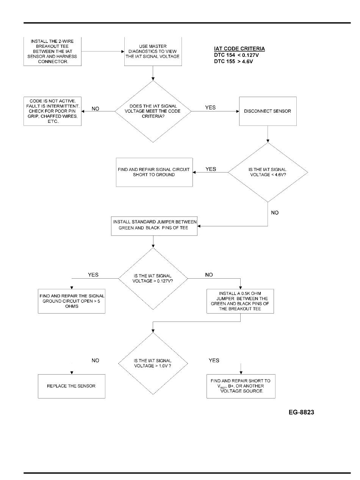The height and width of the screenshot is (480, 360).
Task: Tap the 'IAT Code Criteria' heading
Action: coord(239,49)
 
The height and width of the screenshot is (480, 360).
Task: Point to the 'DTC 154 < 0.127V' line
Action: coord(236,55)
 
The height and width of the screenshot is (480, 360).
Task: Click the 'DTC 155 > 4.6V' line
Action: coord(233,61)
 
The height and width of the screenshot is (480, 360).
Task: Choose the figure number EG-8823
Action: coord(301,412)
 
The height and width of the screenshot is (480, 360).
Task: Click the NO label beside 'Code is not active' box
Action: coord(95,109)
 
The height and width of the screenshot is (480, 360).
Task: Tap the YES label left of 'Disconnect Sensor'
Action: coord(210,108)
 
